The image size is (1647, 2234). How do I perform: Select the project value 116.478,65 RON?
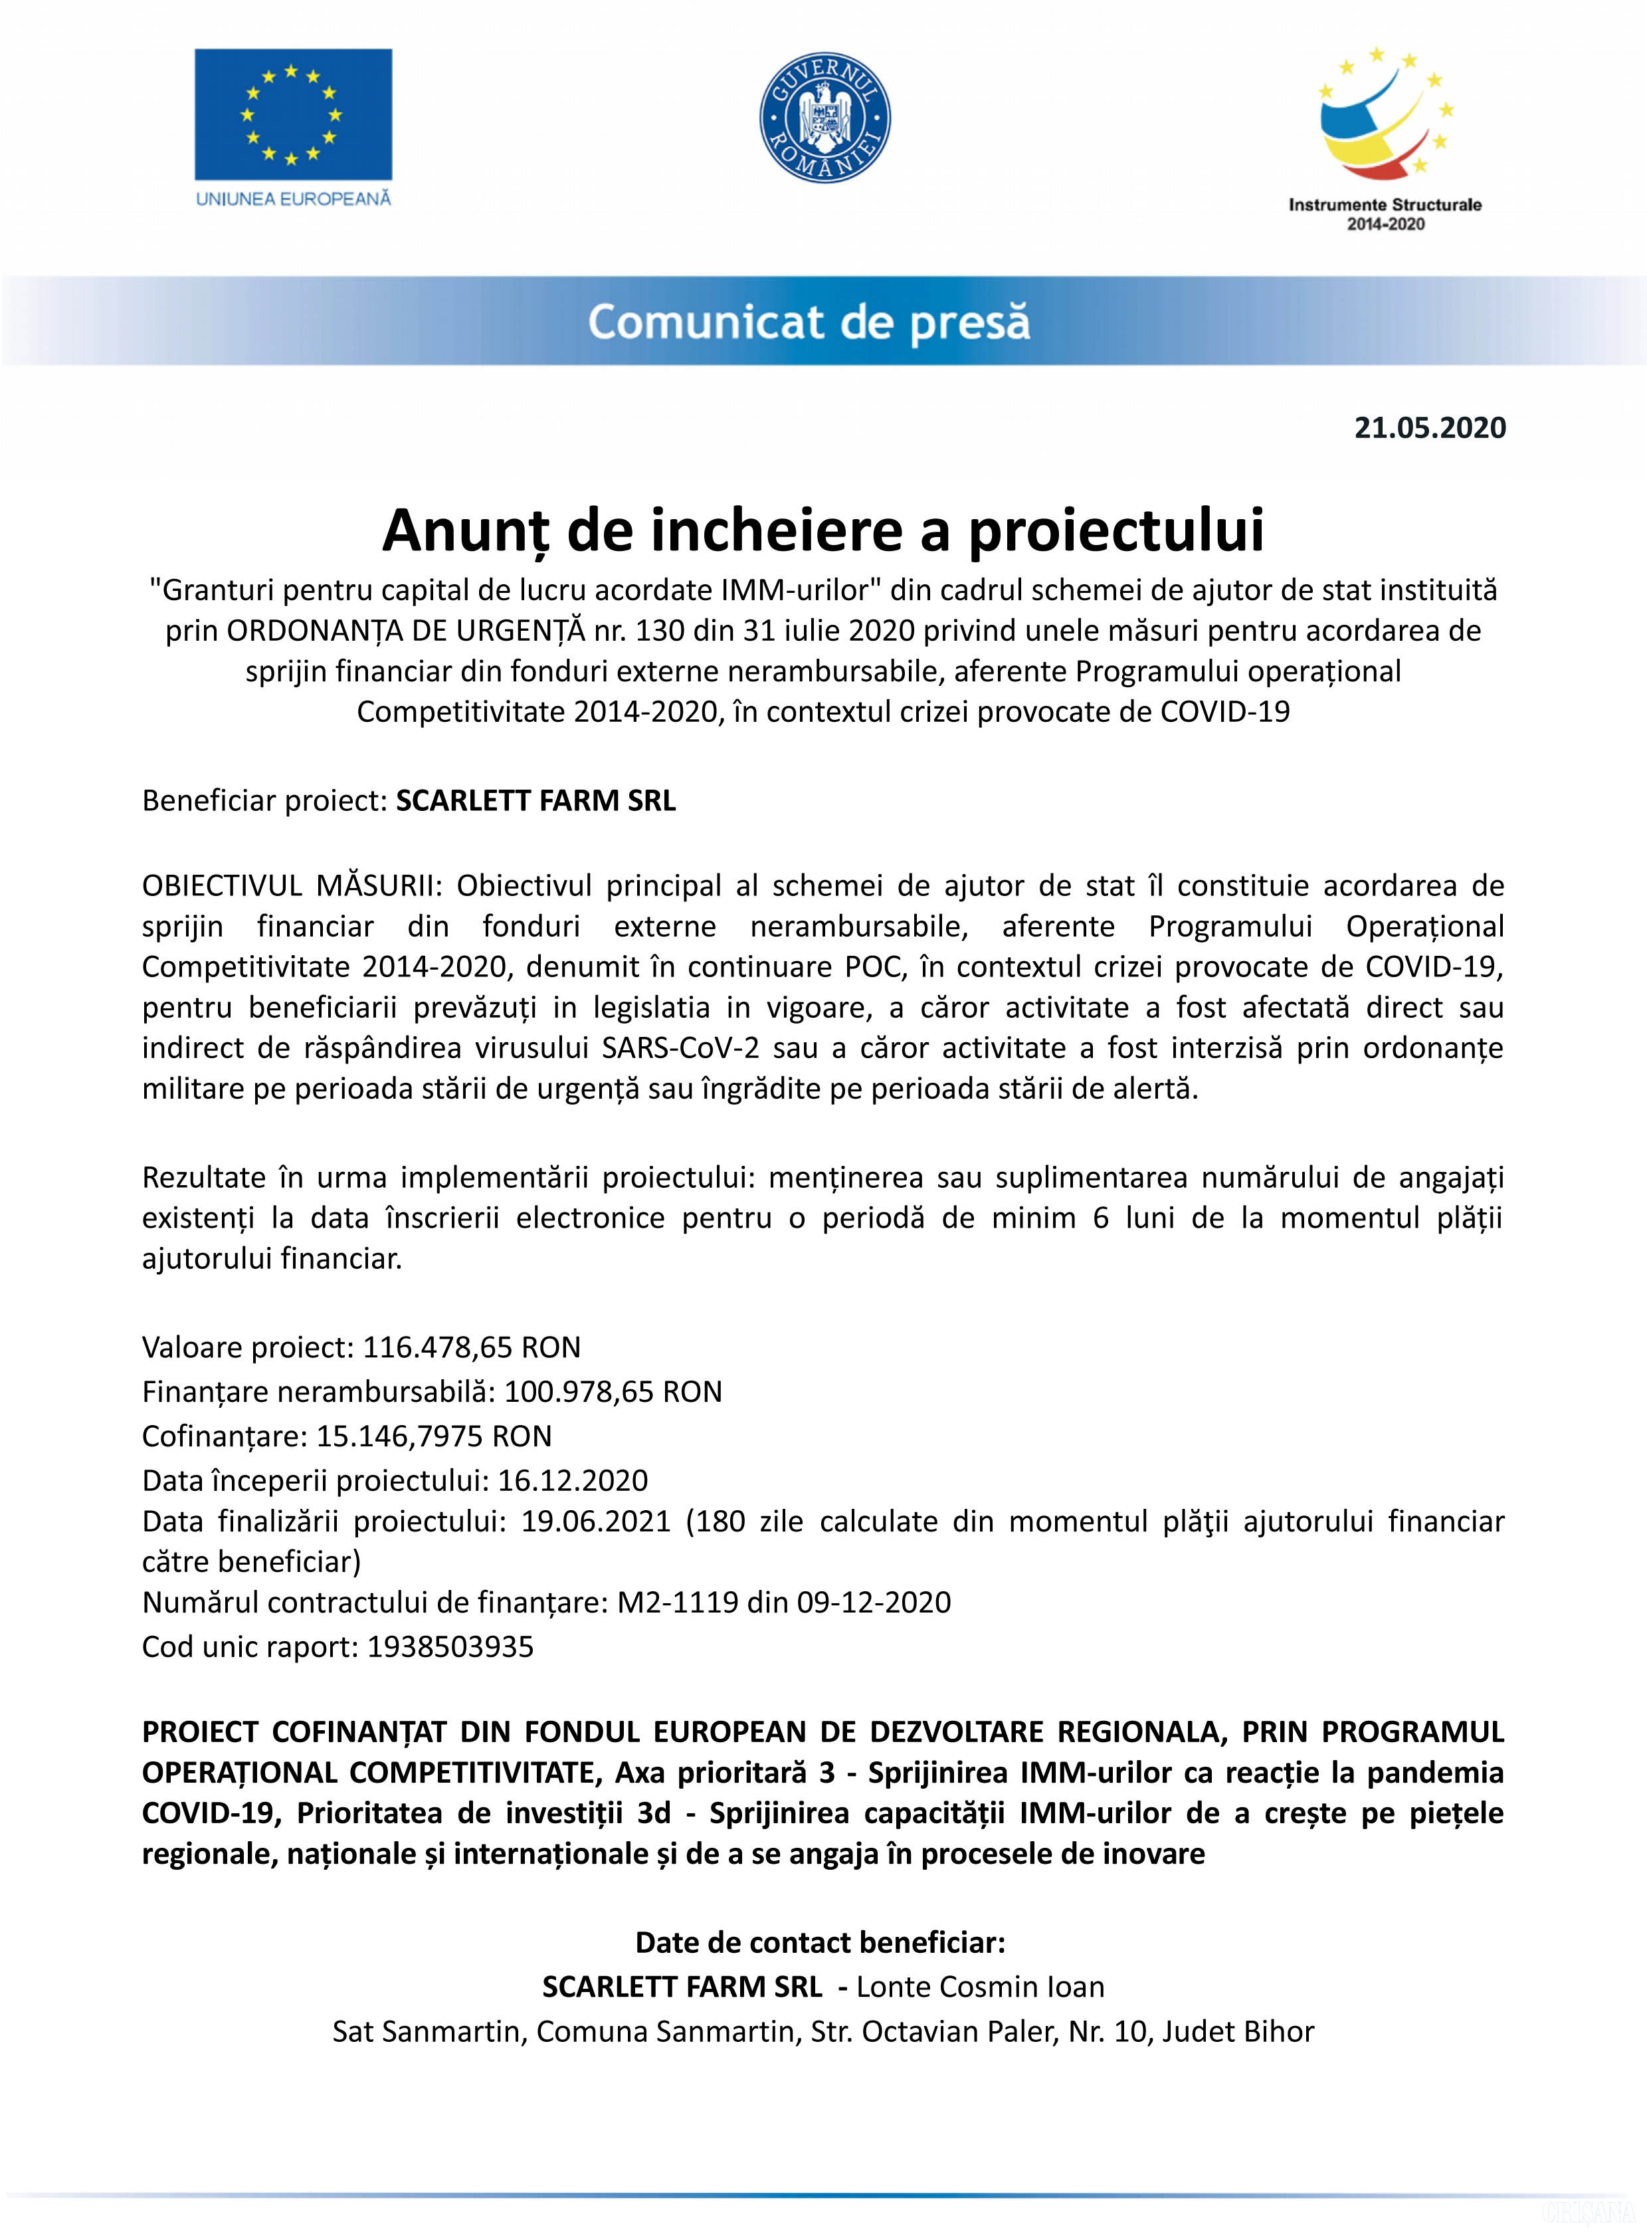point(470,1347)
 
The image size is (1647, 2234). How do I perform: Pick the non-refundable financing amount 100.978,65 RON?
point(612,1391)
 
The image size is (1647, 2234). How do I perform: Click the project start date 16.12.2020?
point(572,1480)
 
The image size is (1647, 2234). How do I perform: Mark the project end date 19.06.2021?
point(595,1521)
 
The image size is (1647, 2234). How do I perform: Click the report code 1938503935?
point(450,1646)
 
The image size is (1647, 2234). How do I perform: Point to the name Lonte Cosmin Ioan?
point(980,1987)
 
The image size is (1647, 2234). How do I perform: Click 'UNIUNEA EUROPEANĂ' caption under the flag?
point(293,199)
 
